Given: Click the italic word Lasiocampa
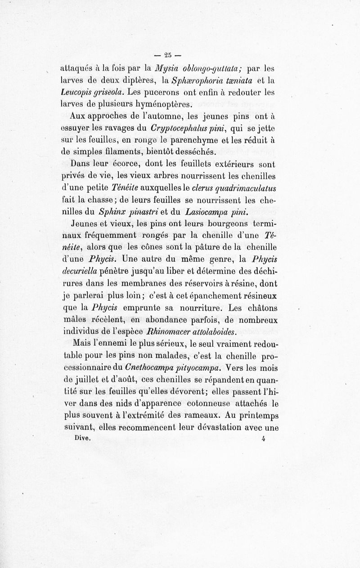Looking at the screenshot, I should [200, 211].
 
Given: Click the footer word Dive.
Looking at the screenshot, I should [83, 436].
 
